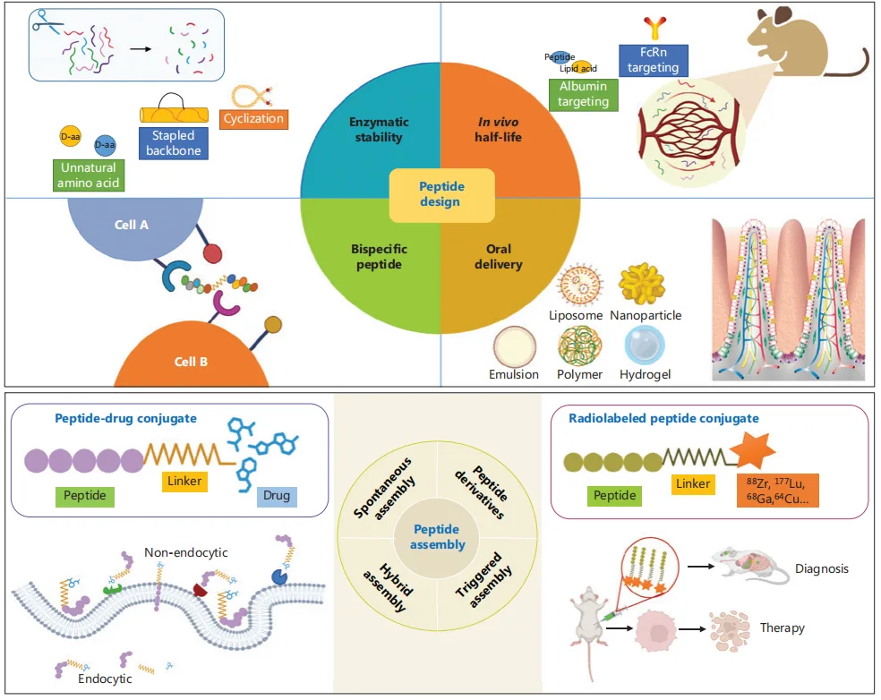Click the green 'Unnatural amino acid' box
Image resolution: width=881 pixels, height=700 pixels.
click(89, 175)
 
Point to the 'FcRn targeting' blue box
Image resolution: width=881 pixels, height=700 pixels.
click(653, 60)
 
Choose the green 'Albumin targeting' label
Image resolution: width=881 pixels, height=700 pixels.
click(583, 94)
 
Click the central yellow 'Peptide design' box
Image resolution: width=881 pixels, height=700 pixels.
click(440, 194)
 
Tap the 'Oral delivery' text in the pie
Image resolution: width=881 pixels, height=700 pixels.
click(504, 256)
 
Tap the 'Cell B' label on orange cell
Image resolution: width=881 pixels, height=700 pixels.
click(190, 362)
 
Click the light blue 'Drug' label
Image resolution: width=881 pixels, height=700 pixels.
click(277, 495)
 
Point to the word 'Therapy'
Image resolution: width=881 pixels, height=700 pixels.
click(782, 627)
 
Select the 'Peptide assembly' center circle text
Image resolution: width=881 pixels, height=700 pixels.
click(439, 537)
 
